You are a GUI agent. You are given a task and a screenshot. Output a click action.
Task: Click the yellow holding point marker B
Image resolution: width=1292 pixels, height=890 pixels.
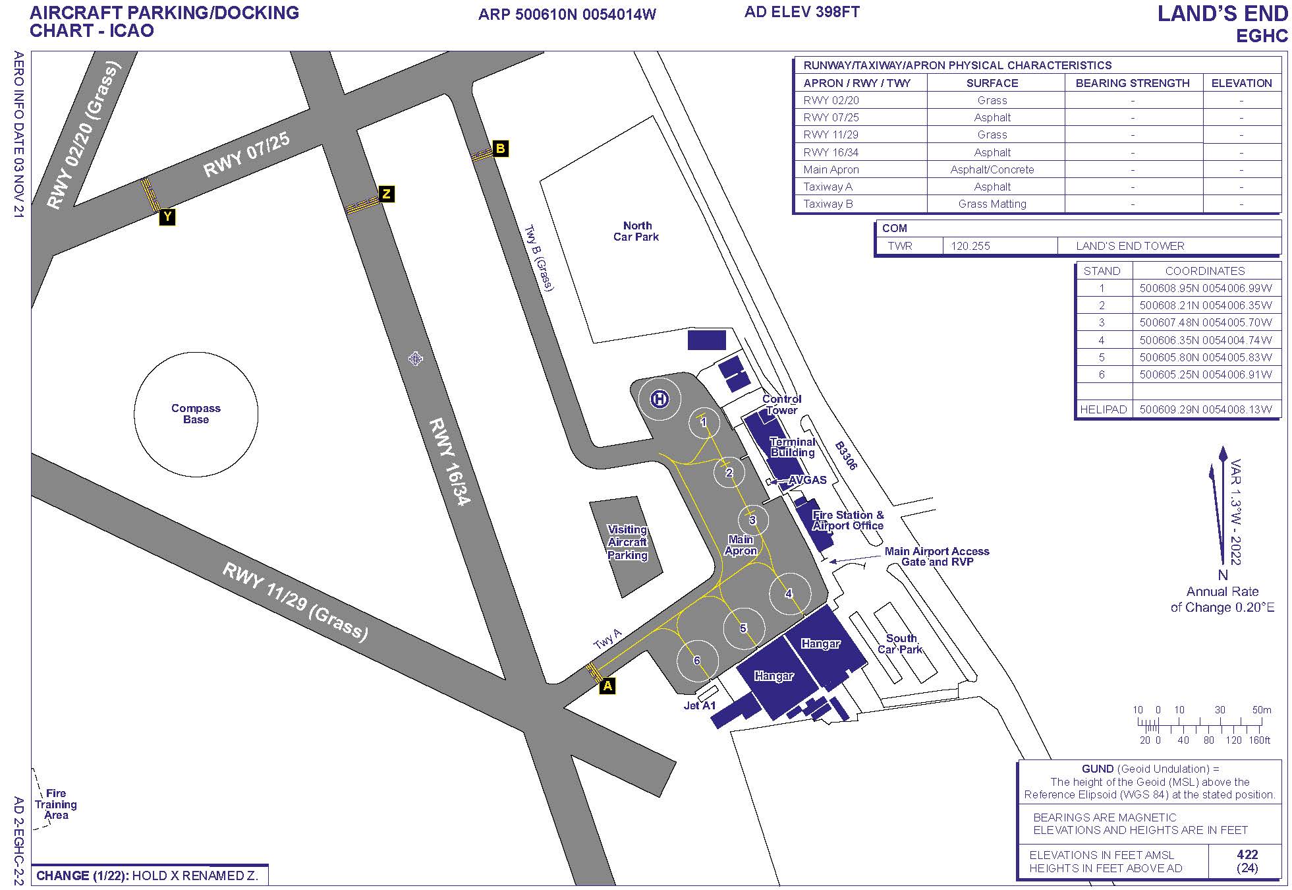click(x=500, y=148)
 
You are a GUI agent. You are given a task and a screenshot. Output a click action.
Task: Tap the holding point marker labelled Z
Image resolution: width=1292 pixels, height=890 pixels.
click(x=387, y=194)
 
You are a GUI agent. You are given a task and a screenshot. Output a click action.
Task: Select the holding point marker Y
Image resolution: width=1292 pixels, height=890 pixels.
click(x=167, y=217)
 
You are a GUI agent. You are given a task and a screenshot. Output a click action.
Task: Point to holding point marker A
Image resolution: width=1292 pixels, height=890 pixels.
click(x=607, y=686)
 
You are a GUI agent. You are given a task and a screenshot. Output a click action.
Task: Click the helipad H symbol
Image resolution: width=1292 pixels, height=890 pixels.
click(x=660, y=399)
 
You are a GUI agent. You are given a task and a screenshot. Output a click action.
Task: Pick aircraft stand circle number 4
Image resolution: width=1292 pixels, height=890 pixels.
click(x=789, y=594)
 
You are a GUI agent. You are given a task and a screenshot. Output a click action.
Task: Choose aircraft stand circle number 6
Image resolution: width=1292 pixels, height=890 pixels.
click(x=696, y=661)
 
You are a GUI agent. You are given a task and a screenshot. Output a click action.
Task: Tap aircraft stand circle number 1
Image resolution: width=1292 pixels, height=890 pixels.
click(x=704, y=422)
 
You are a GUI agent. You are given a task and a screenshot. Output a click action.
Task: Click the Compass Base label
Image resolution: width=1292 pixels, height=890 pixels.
click(x=196, y=414)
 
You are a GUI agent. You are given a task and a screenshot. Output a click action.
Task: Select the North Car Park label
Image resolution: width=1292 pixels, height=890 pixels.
click(x=636, y=231)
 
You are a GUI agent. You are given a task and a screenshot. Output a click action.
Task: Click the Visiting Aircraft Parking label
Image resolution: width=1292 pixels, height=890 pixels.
click(x=627, y=543)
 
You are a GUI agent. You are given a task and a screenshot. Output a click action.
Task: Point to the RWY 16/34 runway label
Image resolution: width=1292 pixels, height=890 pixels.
click(x=451, y=462)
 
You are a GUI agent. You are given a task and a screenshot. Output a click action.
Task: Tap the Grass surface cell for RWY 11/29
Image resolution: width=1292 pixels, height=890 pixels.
click(x=992, y=134)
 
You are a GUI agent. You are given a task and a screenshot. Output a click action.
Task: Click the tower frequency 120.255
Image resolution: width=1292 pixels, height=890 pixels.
click(x=970, y=246)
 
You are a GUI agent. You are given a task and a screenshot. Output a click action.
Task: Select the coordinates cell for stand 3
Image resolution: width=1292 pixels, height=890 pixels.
click(x=1205, y=322)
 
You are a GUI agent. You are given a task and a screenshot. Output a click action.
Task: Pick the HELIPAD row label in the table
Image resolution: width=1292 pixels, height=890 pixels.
click(x=1103, y=409)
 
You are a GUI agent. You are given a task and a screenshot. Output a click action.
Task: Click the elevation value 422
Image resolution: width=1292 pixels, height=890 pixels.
click(x=1247, y=854)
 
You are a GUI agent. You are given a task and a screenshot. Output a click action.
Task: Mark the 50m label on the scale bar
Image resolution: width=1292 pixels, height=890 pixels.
click(x=1261, y=710)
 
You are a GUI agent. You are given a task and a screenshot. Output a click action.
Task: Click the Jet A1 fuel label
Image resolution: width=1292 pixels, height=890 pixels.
click(x=700, y=705)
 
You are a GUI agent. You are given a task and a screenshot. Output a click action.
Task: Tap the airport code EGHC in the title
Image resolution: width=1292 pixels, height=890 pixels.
click(x=1261, y=36)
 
